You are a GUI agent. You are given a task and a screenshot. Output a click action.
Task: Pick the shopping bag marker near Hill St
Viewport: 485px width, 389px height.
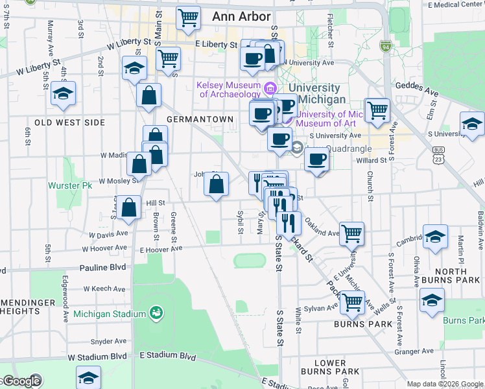pos(130,207)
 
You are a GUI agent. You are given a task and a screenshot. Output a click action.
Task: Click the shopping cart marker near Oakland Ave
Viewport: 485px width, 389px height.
pos(351,233)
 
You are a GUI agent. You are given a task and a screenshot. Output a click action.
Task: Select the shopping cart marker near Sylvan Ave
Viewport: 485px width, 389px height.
pos(351,301)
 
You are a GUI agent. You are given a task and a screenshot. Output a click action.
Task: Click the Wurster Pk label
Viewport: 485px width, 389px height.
pos(65,185)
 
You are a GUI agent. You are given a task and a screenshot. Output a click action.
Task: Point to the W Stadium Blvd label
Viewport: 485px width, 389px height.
pos(97,357)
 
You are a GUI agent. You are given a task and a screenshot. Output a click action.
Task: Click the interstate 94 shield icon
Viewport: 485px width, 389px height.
pos(386,47)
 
